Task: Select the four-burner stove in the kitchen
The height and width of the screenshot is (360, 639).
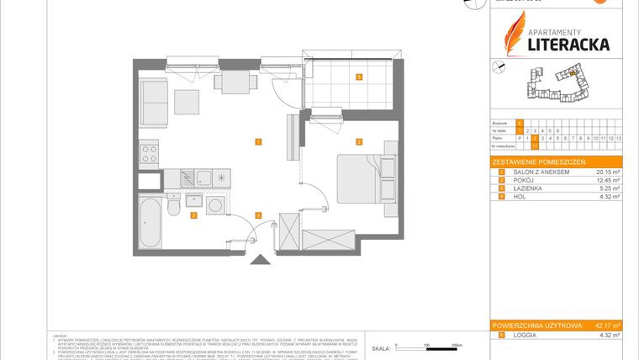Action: pyautogui.click(x=149, y=154)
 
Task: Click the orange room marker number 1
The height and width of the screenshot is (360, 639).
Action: pyautogui.click(x=258, y=141)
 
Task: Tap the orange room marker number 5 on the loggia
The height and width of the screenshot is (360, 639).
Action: pyautogui.click(x=358, y=77)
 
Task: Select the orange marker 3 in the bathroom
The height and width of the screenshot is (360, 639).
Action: pyautogui.click(x=193, y=216)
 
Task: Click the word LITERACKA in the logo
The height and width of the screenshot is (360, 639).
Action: pyautogui.click(x=568, y=44)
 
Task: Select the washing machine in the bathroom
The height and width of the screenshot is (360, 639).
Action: pyautogui.click(x=215, y=205)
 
